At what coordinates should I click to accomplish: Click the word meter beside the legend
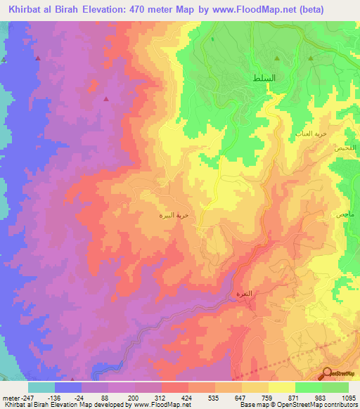[9, 397]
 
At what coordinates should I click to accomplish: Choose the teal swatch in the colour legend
[41, 387]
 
